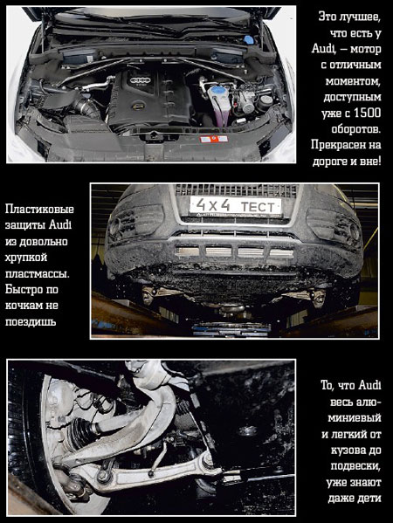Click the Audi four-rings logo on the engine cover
click(x=141, y=80)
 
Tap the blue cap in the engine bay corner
click(x=249, y=39)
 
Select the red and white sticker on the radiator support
click(x=213, y=139)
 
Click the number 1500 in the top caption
click(x=367, y=114)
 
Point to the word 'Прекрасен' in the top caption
click(x=335, y=145)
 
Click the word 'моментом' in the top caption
click(x=353, y=81)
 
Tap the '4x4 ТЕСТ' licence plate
click(x=235, y=205)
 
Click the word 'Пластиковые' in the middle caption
click(x=39, y=210)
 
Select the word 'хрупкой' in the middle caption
click(x=26, y=258)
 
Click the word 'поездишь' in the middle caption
click(x=31, y=322)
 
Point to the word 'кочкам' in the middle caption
click(x=22, y=306)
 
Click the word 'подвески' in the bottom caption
click(x=355, y=465)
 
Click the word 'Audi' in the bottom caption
click(x=369, y=385)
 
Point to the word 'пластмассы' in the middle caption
click(x=38, y=274)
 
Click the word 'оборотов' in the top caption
click(x=356, y=129)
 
